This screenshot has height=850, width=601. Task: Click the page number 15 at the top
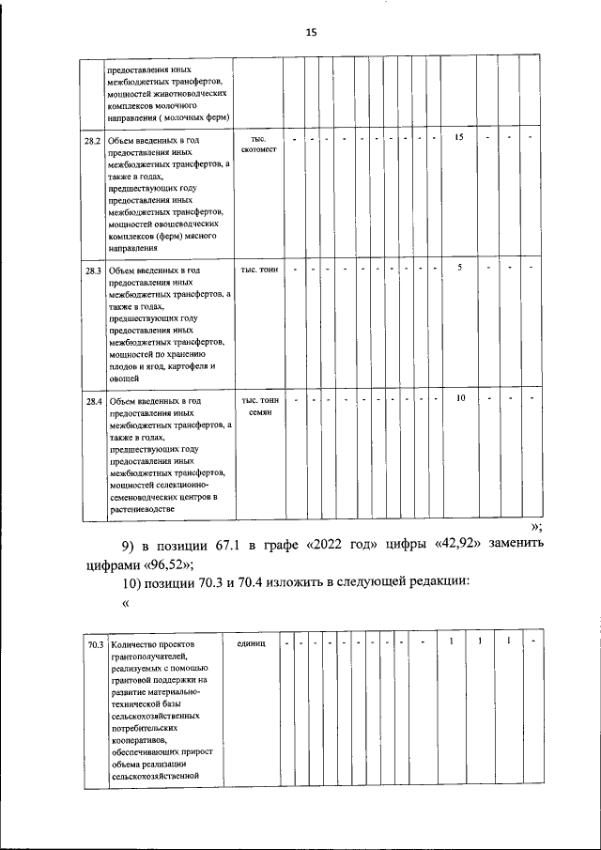(312, 32)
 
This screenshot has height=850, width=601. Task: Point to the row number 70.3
(93, 645)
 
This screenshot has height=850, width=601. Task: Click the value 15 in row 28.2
(460, 138)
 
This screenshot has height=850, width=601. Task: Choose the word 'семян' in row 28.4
(260, 413)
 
